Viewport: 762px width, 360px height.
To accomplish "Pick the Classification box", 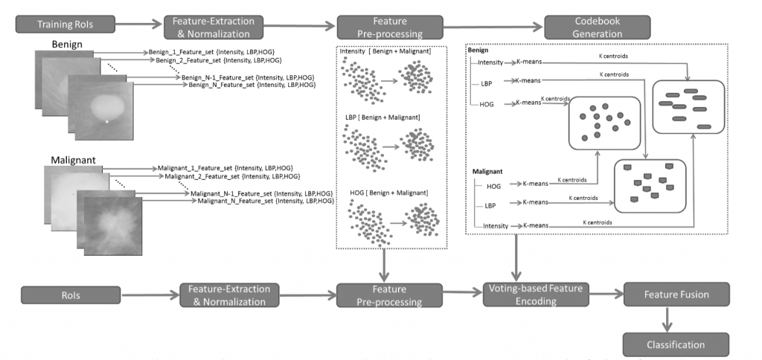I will coord(675,344).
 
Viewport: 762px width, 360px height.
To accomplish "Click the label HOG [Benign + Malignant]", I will coord(389,193).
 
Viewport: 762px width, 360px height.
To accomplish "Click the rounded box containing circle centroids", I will coord(604,123).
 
